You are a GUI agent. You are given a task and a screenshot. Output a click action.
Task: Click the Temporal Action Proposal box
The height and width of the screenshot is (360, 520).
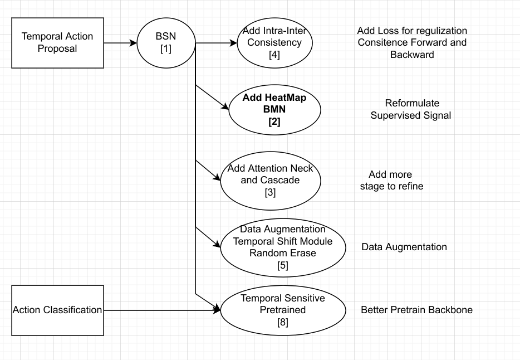[x=57, y=42]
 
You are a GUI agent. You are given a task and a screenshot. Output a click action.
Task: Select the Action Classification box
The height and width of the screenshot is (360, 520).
[x=57, y=310]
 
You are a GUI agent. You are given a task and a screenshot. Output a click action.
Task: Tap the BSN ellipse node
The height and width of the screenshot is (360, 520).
[x=166, y=42]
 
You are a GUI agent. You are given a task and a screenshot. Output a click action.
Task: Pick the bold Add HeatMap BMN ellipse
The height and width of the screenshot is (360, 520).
[x=274, y=109]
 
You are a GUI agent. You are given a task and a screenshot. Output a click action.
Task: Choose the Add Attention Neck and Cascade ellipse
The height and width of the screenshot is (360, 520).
[x=271, y=179]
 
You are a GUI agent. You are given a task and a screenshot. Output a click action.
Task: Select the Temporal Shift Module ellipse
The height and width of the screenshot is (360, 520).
[x=282, y=247]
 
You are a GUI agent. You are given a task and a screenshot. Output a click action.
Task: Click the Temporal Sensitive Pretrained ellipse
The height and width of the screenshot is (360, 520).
[x=282, y=310]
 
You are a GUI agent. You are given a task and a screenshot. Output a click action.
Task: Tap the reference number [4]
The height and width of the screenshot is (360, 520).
[x=274, y=55]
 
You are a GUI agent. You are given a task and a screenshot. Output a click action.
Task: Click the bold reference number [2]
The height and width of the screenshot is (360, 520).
[x=274, y=121]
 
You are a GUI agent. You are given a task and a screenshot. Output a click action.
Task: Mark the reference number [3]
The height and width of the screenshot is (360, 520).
[x=271, y=192]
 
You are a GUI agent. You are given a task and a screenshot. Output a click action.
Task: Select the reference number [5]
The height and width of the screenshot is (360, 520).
[x=282, y=265]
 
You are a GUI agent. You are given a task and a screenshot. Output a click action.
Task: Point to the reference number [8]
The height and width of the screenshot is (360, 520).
[x=282, y=322]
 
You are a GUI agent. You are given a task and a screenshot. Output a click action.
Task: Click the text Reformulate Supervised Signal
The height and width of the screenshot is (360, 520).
[x=411, y=109]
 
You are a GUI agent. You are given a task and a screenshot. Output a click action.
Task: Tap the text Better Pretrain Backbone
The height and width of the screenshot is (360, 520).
[x=416, y=310]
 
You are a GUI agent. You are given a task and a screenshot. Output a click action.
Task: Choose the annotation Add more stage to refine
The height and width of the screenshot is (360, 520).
[x=391, y=181]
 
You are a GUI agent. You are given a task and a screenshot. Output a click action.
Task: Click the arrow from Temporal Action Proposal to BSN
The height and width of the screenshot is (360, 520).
[x=120, y=42]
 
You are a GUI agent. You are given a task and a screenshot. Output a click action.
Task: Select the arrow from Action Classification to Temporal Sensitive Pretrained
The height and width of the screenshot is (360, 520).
[x=161, y=310]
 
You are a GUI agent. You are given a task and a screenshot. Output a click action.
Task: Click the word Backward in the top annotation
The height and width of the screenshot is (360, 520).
[x=411, y=55]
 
